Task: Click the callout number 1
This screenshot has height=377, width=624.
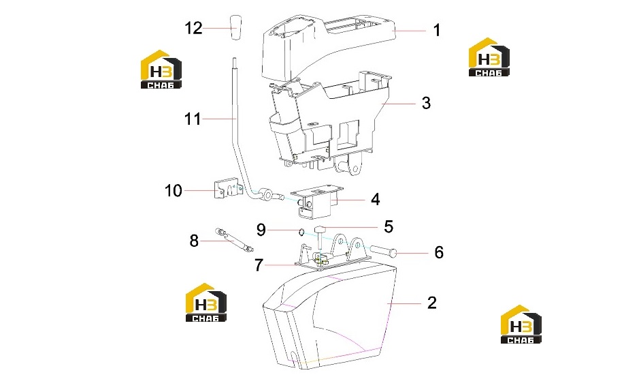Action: [437, 30]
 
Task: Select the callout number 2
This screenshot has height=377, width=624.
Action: [432, 303]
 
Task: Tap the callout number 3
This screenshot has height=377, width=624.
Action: [426, 103]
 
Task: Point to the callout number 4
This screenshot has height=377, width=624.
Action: [375, 199]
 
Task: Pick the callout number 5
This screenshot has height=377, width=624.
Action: [389, 226]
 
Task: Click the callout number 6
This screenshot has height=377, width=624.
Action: [438, 252]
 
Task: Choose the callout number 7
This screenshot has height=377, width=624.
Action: [259, 265]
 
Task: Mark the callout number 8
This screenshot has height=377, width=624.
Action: [194, 241]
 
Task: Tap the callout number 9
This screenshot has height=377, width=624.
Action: [261, 230]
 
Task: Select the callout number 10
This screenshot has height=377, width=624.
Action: [174, 190]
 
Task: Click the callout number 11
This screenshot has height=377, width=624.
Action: [193, 119]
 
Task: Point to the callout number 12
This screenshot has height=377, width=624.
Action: [193, 29]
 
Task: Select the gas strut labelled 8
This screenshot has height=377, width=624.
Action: [234, 239]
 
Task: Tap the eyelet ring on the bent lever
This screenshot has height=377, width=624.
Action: [268, 195]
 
